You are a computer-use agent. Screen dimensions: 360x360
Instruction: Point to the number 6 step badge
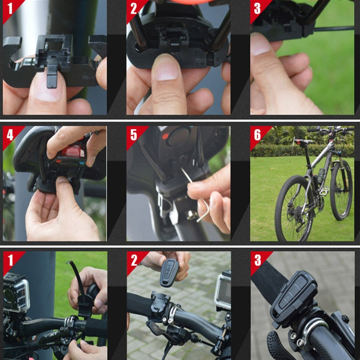(x=257, y=134)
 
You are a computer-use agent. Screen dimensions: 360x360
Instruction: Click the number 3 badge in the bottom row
(x=257, y=260)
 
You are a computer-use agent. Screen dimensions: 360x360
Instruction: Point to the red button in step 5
(x=166, y=136)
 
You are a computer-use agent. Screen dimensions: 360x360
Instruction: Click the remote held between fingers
(x=169, y=272)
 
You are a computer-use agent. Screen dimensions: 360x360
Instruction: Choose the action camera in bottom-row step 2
(x=223, y=291)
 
